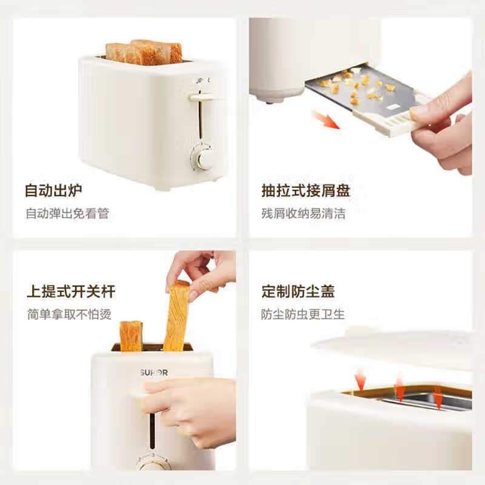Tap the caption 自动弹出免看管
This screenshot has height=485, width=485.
(x=67, y=213)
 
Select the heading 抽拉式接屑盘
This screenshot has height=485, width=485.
(x=306, y=191)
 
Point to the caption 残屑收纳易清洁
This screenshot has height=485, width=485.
(x=303, y=213)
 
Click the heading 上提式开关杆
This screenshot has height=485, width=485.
(x=71, y=292)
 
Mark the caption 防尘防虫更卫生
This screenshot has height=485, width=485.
(x=303, y=314)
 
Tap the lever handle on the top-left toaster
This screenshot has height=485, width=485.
(x=202, y=96)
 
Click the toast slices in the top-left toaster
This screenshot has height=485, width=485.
(x=144, y=53)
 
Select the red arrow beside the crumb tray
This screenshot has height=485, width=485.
(x=326, y=119)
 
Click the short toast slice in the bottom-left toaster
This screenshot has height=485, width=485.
(x=131, y=336)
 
